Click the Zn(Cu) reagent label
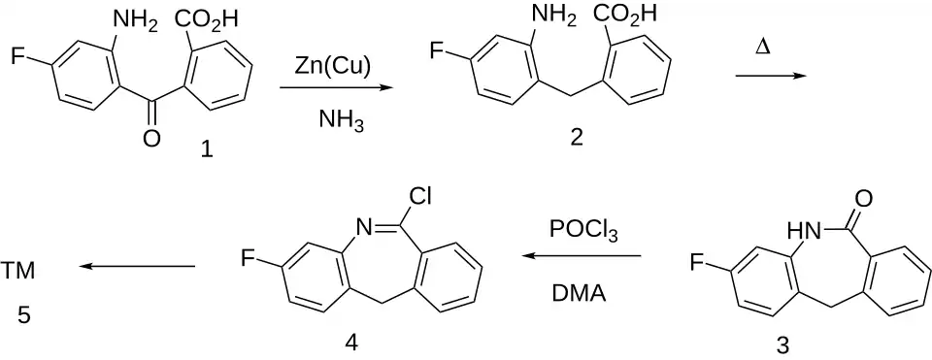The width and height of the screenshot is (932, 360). (x=333, y=67)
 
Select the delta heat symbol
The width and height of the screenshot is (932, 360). (x=763, y=48)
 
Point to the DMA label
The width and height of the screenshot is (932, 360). (x=579, y=292)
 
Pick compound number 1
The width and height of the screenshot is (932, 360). (x=206, y=149)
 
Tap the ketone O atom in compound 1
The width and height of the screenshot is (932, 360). (x=151, y=139)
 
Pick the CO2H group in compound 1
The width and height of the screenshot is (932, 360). (x=207, y=20)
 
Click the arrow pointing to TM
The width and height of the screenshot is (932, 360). (x=137, y=267)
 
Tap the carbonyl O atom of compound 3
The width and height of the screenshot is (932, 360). (x=863, y=198)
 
